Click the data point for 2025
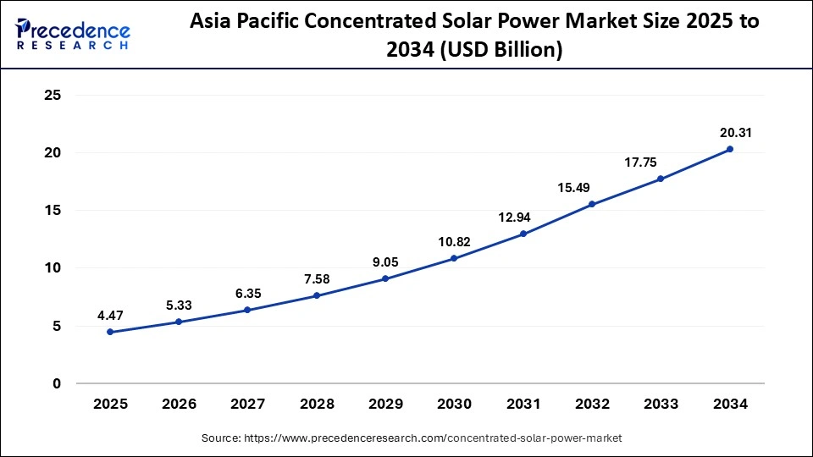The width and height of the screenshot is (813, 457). [x=110, y=332]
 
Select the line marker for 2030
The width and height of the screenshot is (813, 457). [x=454, y=258]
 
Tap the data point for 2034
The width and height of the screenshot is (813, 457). [x=730, y=149]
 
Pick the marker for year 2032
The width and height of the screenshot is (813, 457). [x=592, y=204]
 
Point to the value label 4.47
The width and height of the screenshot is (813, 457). [x=111, y=315]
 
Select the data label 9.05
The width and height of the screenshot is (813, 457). [x=385, y=262]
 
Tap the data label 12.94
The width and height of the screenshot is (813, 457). [x=514, y=217]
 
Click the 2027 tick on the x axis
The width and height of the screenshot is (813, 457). [x=247, y=405]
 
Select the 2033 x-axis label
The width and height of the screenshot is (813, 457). [x=661, y=405]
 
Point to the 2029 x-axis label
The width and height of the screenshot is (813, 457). [x=385, y=405]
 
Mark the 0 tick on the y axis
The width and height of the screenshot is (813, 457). [x=57, y=383]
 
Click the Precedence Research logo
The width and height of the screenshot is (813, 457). [x=73, y=33]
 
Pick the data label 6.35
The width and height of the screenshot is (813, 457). [x=248, y=293]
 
